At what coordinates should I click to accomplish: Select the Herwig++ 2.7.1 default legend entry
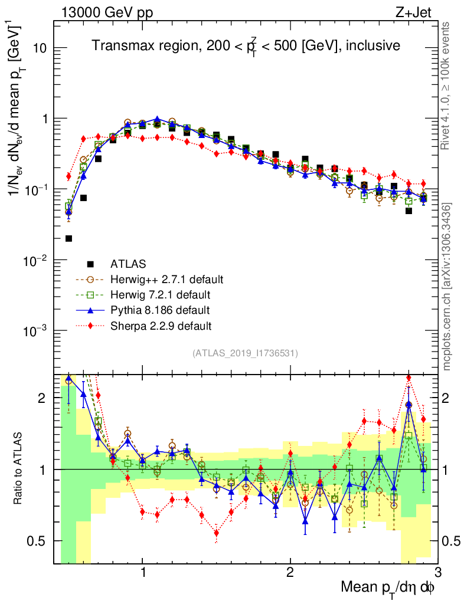click(x=168, y=279)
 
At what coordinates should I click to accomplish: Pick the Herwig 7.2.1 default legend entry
click(x=161, y=294)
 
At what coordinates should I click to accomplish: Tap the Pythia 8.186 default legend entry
click(x=159, y=310)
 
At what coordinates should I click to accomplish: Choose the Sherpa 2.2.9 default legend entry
click(x=161, y=325)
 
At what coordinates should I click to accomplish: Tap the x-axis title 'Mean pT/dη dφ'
click(x=389, y=587)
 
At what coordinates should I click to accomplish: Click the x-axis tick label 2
click(x=290, y=572)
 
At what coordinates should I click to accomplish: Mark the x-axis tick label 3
click(x=437, y=572)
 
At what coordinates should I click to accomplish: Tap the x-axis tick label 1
click(x=142, y=572)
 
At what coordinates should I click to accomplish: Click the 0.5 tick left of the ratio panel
click(x=41, y=541)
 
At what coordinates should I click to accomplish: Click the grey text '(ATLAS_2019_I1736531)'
click(x=245, y=353)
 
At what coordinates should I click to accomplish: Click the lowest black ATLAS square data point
click(x=68, y=238)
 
